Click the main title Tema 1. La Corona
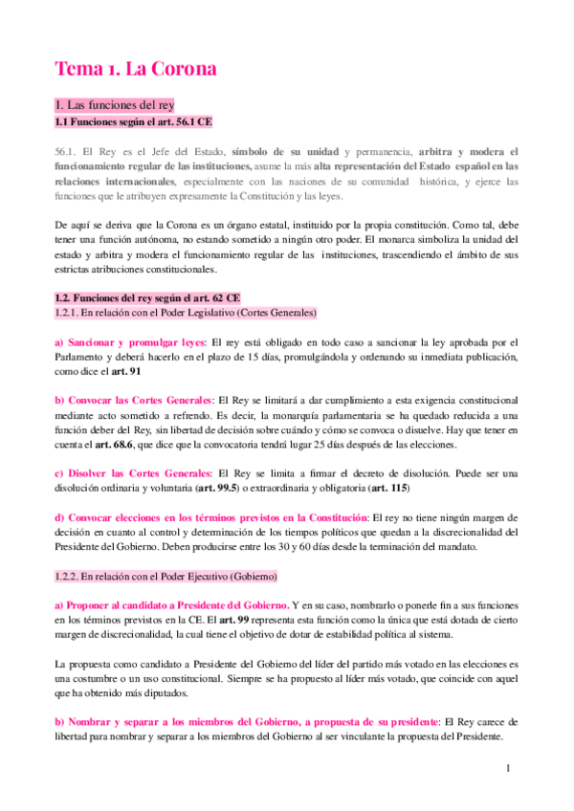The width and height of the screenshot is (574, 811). [x=136, y=69]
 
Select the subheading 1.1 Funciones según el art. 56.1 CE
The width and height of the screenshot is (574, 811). [x=132, y=122]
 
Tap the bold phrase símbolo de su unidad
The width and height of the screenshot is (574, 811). [x=285, y=151]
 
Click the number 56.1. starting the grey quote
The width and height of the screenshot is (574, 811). [x=65, y=151]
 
